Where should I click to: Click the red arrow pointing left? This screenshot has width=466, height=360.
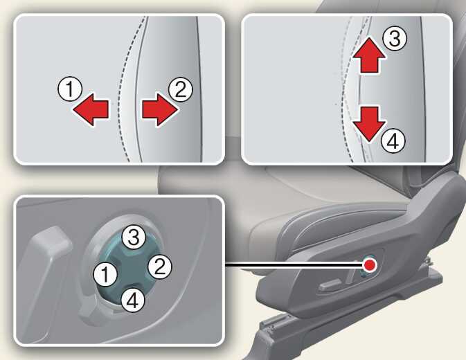coord(91,109)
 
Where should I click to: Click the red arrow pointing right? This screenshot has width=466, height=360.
coord(160,109)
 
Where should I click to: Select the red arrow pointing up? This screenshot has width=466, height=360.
coord(370,55)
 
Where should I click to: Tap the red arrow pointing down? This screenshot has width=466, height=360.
coord(370,124)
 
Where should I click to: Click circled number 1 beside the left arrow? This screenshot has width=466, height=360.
coord(70,89)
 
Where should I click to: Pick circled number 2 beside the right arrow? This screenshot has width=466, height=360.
coord(181,89)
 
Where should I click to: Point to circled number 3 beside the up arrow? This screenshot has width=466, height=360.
coord(395,39)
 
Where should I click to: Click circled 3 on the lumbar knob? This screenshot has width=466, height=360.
coord(134,237)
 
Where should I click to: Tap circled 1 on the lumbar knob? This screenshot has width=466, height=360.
coord(105,274)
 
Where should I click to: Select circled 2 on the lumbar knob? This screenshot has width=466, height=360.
coord(160,267)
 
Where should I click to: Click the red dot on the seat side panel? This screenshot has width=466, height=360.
coord(370,264)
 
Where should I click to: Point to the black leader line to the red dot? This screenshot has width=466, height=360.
coord(294,264)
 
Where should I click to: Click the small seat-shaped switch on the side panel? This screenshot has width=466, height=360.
coord(330,286)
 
